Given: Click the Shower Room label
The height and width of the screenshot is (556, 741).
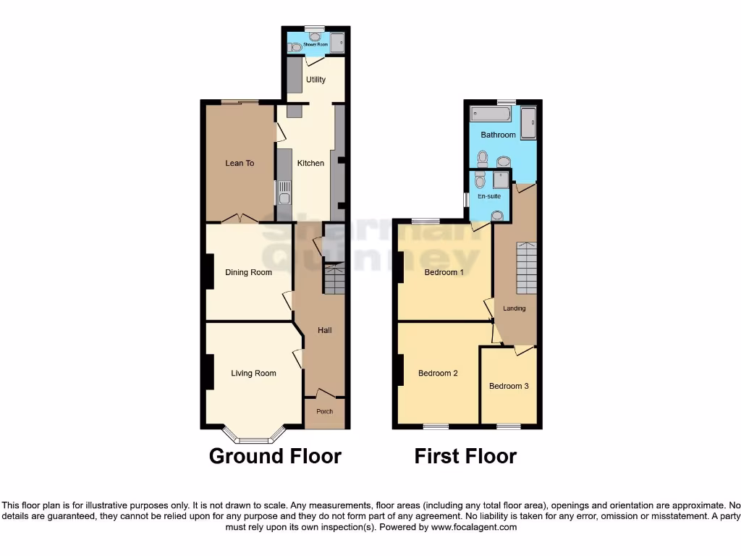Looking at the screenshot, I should click(x=316, y=45).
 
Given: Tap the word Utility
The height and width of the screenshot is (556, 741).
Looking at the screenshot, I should click(x=316, y=80).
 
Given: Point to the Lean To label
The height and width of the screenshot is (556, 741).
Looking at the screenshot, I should click(x=240, y=163).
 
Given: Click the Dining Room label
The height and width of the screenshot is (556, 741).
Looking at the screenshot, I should click(x=248, y=272).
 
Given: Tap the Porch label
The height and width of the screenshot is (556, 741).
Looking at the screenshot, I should click(x=325, y=411).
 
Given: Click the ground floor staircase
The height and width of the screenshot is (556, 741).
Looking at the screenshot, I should click(x=334, y=279).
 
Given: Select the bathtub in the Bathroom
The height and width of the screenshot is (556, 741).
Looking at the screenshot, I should click(x=494, y=114).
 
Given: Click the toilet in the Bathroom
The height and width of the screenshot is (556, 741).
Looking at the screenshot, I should click(x=483, y=157).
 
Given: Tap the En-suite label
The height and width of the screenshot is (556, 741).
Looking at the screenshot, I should click(x=489, y=196).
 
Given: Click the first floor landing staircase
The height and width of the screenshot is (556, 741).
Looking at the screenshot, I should click(x=526, y=264).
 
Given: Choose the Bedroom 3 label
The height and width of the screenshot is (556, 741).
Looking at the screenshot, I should click(x=509, y=386).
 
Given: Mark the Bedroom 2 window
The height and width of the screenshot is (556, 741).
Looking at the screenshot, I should click(x=436, y=426).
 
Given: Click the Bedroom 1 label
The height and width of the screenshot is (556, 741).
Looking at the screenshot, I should click(x=444, y=272).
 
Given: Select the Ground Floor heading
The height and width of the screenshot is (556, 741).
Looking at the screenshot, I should click(x=275, y=456).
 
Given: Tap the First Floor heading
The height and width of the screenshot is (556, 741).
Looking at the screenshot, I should click(x=465, y=456).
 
